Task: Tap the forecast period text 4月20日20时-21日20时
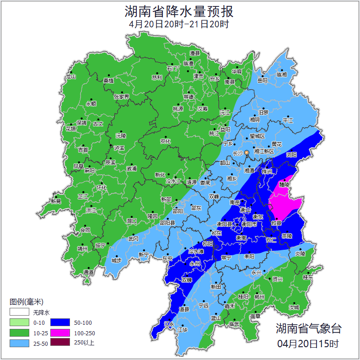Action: point(179,24)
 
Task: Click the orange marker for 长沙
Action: point(247,152)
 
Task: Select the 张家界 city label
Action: point(121,97)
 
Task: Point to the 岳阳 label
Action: point(263,81)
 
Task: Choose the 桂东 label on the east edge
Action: point(308,277)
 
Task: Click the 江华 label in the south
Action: point(183,329)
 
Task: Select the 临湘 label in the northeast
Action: point(281,75)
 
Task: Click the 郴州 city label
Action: point(259,297)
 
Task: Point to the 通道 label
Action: point(88,273)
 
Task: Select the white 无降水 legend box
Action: point(19,312)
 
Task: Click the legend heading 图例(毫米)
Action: point(26,302)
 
